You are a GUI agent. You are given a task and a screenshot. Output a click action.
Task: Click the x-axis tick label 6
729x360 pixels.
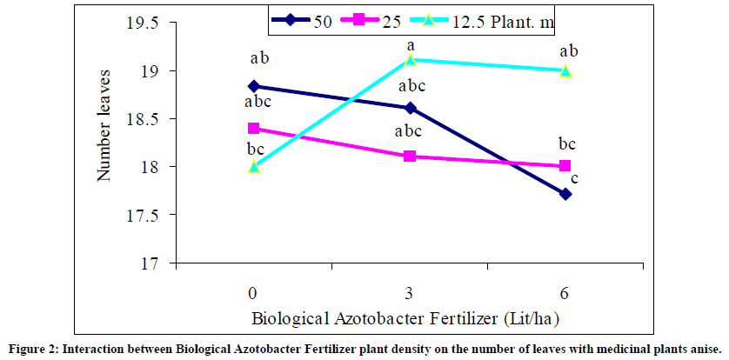(x=565, y=289)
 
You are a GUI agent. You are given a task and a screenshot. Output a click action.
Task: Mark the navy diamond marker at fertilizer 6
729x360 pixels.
(x=565, y=194)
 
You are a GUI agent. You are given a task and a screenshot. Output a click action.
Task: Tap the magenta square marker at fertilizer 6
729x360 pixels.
(x=565, y=166)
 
